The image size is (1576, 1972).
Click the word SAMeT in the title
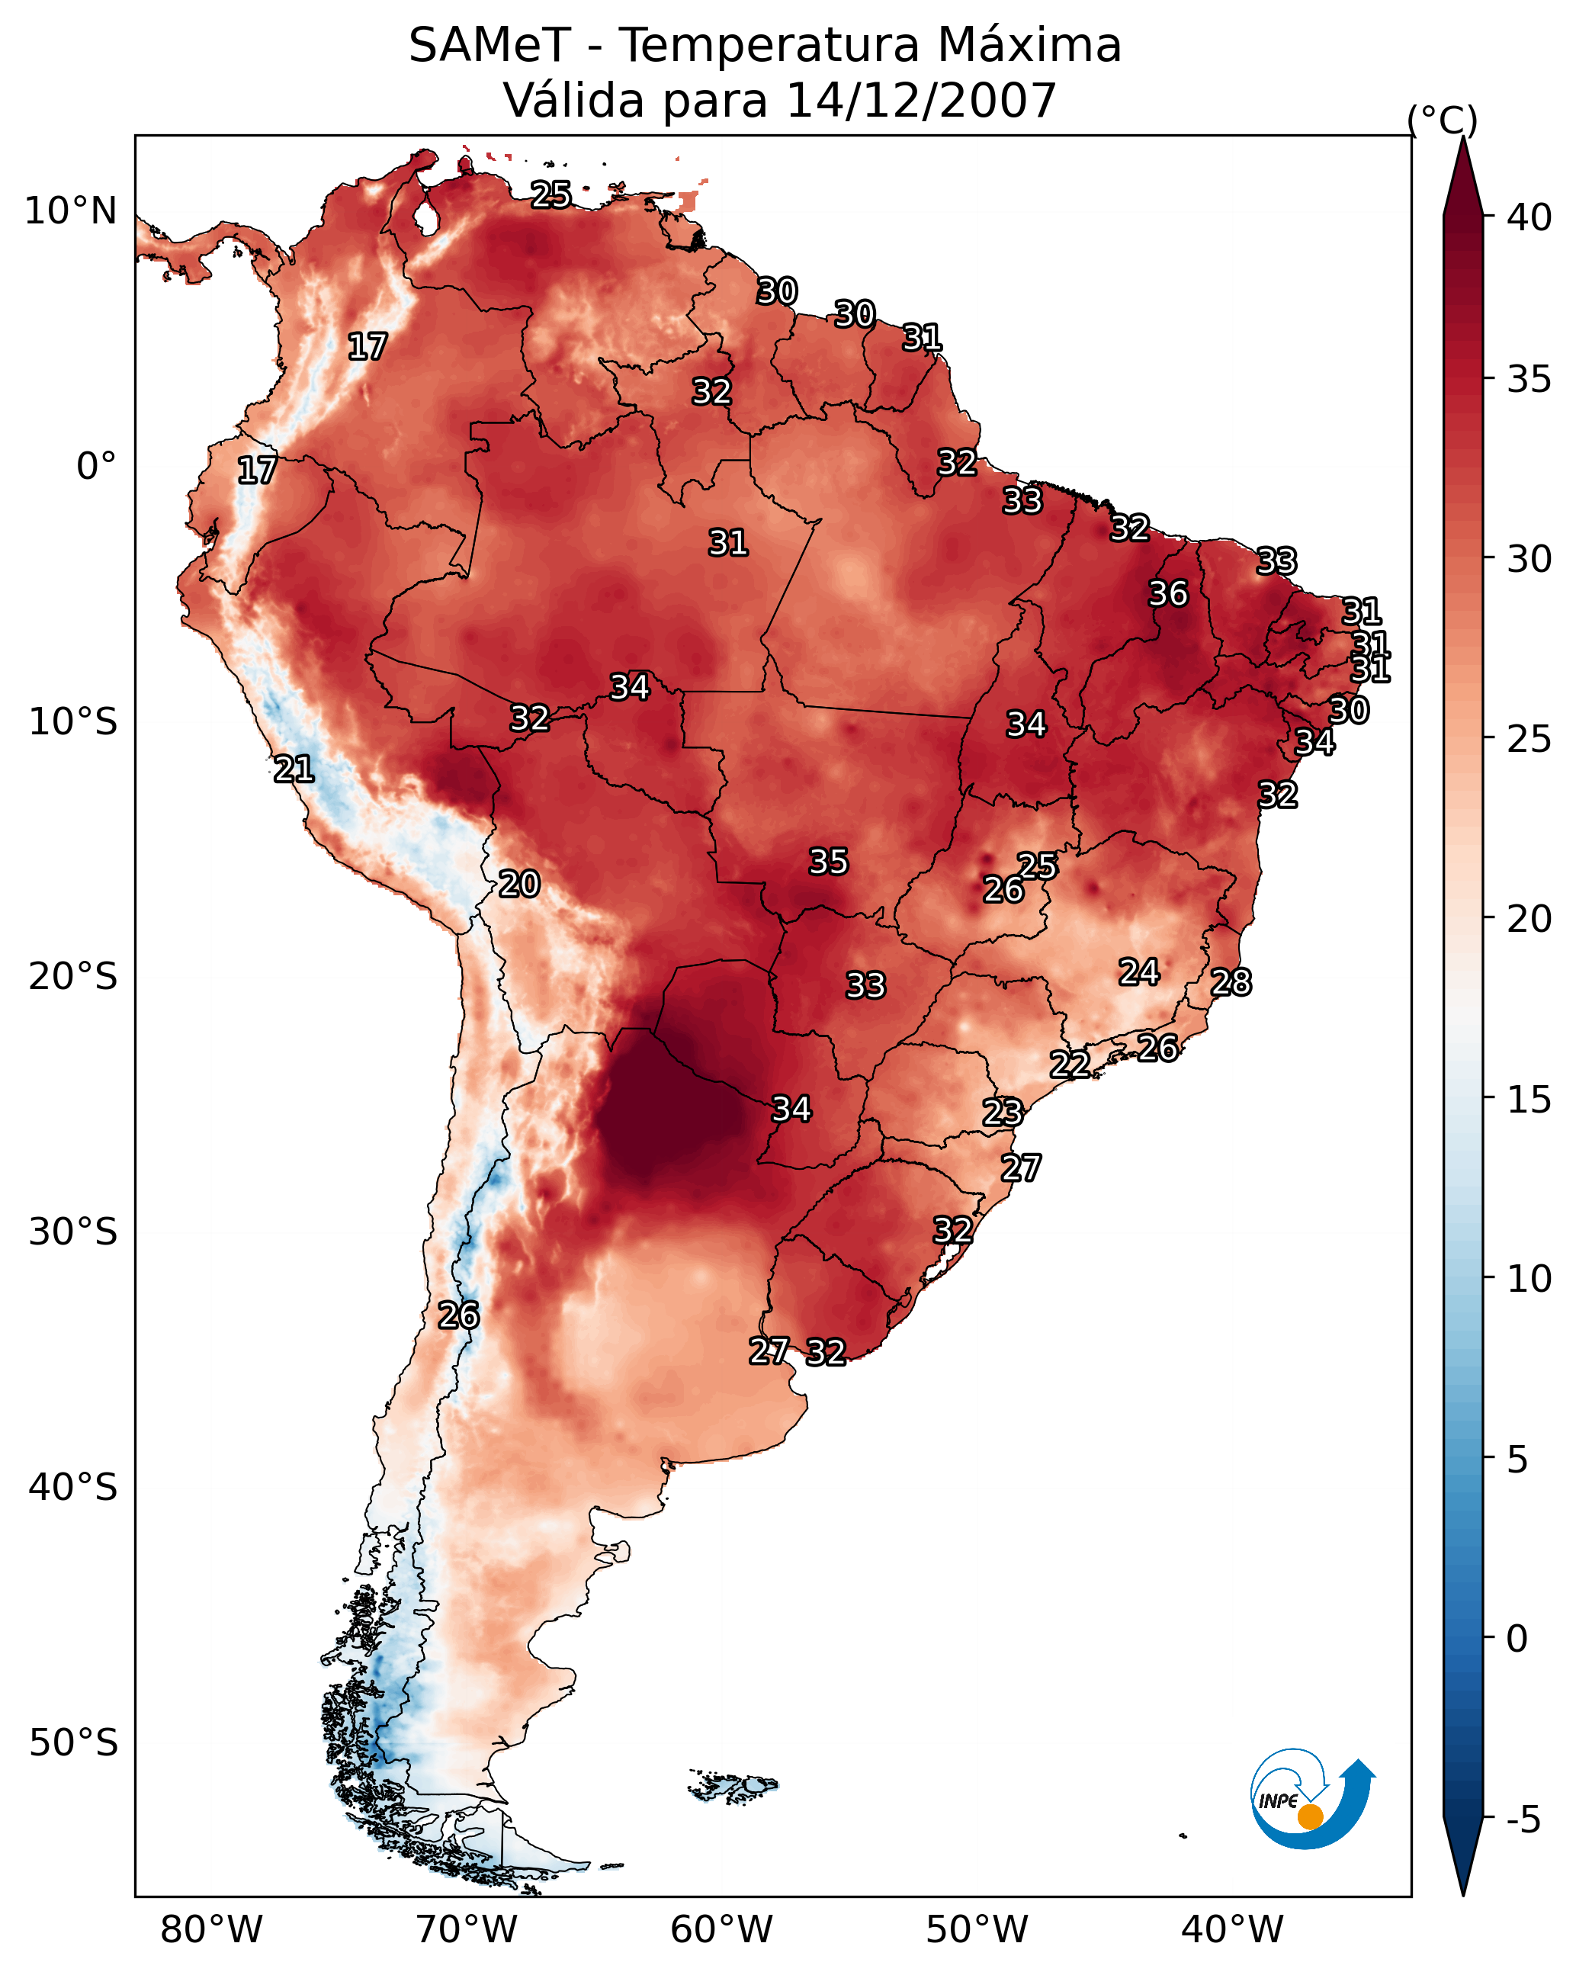[x=489, y=46]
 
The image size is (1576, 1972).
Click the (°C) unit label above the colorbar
[x=1443, y=120]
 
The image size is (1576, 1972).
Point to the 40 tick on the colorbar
[x=1529, y=217]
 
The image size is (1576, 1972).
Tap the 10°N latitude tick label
[x=72, y=211]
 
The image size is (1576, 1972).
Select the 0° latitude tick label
[x=96, y=467]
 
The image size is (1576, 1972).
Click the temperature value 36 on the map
[x=1168, y=593]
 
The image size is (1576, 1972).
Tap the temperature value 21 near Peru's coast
[x=294, y=769]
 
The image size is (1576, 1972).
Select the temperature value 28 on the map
[x=1231, y=982]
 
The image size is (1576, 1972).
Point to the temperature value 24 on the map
[x=1139, y=972]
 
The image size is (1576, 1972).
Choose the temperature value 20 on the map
[x=518, y=884]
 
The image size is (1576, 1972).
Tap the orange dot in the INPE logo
[x=1310, y=1816]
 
